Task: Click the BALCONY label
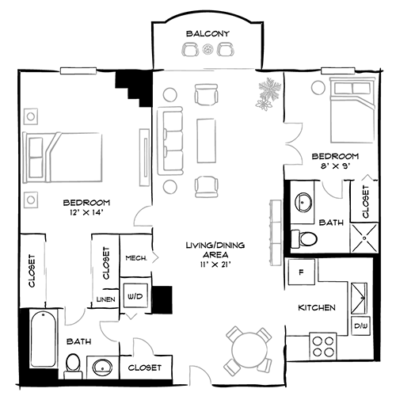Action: point(208,33)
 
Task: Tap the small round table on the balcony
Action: point(208,51)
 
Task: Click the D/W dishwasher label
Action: point(360,325)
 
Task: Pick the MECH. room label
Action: point(133,257)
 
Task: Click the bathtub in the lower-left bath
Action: point(42,338)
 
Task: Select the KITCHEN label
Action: point(317,307)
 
